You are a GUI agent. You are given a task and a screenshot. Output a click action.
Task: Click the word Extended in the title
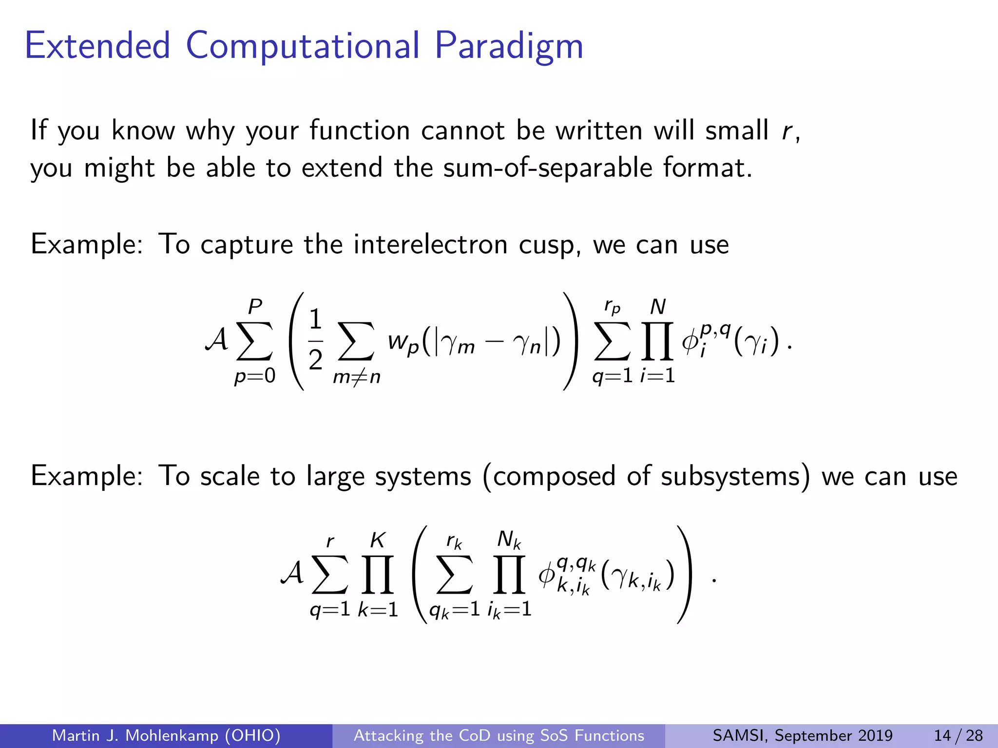(97, 46)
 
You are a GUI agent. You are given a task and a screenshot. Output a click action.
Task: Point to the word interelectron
(430, 244)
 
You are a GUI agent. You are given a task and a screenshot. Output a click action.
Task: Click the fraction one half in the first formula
(315, 340)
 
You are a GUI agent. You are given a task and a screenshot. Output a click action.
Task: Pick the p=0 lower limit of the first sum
(254, 376)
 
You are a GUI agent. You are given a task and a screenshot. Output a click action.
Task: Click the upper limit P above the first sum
(255, 307)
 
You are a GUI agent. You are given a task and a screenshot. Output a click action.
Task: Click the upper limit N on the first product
(658, 307)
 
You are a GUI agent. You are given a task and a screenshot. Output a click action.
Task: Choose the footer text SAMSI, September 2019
(802, 735)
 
